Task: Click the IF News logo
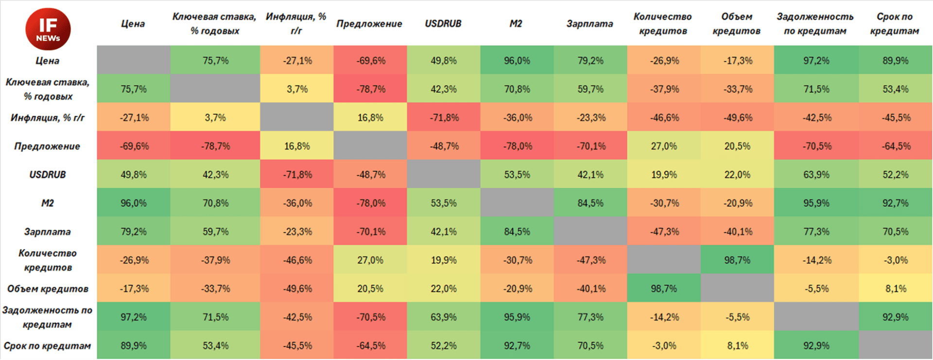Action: click(x=48, y=29)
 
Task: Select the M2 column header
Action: click(x=516, y=24)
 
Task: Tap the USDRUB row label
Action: click(x=48, y=174)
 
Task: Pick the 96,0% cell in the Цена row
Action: click(x=517, y=61)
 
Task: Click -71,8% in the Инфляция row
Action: click(x=444, y=118)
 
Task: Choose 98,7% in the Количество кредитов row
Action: click(x=737, y=260)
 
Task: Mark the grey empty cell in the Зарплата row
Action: click(x=590, y=232)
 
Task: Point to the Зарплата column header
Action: click(x=589, y=24)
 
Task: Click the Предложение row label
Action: click(x=47, y=146)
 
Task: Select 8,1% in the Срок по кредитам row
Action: click(x=737, y=345)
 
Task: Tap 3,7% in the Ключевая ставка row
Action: click(x=297, y=89)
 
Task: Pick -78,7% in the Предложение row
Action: click(x=215, y=146)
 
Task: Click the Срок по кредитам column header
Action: click(x=895, y=24)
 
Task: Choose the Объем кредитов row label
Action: click(x=48, y=289)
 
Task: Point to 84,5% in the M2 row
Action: click(x=590, y=203)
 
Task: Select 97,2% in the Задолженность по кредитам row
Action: click(x=133, y=317)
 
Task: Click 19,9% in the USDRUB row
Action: click(x=664, y=174)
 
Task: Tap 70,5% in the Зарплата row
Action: click(x=895, y=232)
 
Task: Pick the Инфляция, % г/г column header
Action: click(x=296, y=24)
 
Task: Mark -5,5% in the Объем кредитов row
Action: click(x=816, y=289)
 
